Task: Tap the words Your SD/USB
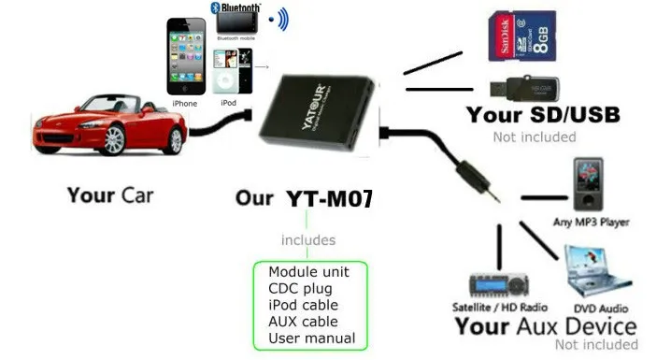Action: point(542,116)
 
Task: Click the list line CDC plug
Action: point(298,288)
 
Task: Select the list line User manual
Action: point(311,338)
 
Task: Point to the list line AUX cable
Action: point(303,321)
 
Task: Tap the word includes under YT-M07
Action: point(308,240)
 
